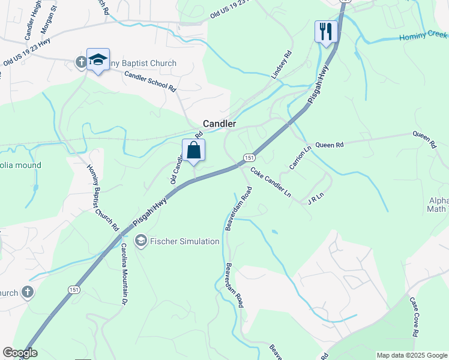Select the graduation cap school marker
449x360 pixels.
point(98,59)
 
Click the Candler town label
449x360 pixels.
point(219,124)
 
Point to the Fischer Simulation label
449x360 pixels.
point(184,241)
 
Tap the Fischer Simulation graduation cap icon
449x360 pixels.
point(141,241)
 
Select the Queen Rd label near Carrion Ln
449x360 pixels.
point(329,145)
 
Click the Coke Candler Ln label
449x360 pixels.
point(270,182)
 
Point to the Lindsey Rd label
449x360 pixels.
point(282,65)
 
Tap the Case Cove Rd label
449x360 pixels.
point(414,316)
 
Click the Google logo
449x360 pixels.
point(19,353)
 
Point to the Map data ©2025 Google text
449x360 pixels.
point(411,355)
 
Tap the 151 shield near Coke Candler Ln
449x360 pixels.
point(249,157)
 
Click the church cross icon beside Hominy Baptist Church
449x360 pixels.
point(81,62)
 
